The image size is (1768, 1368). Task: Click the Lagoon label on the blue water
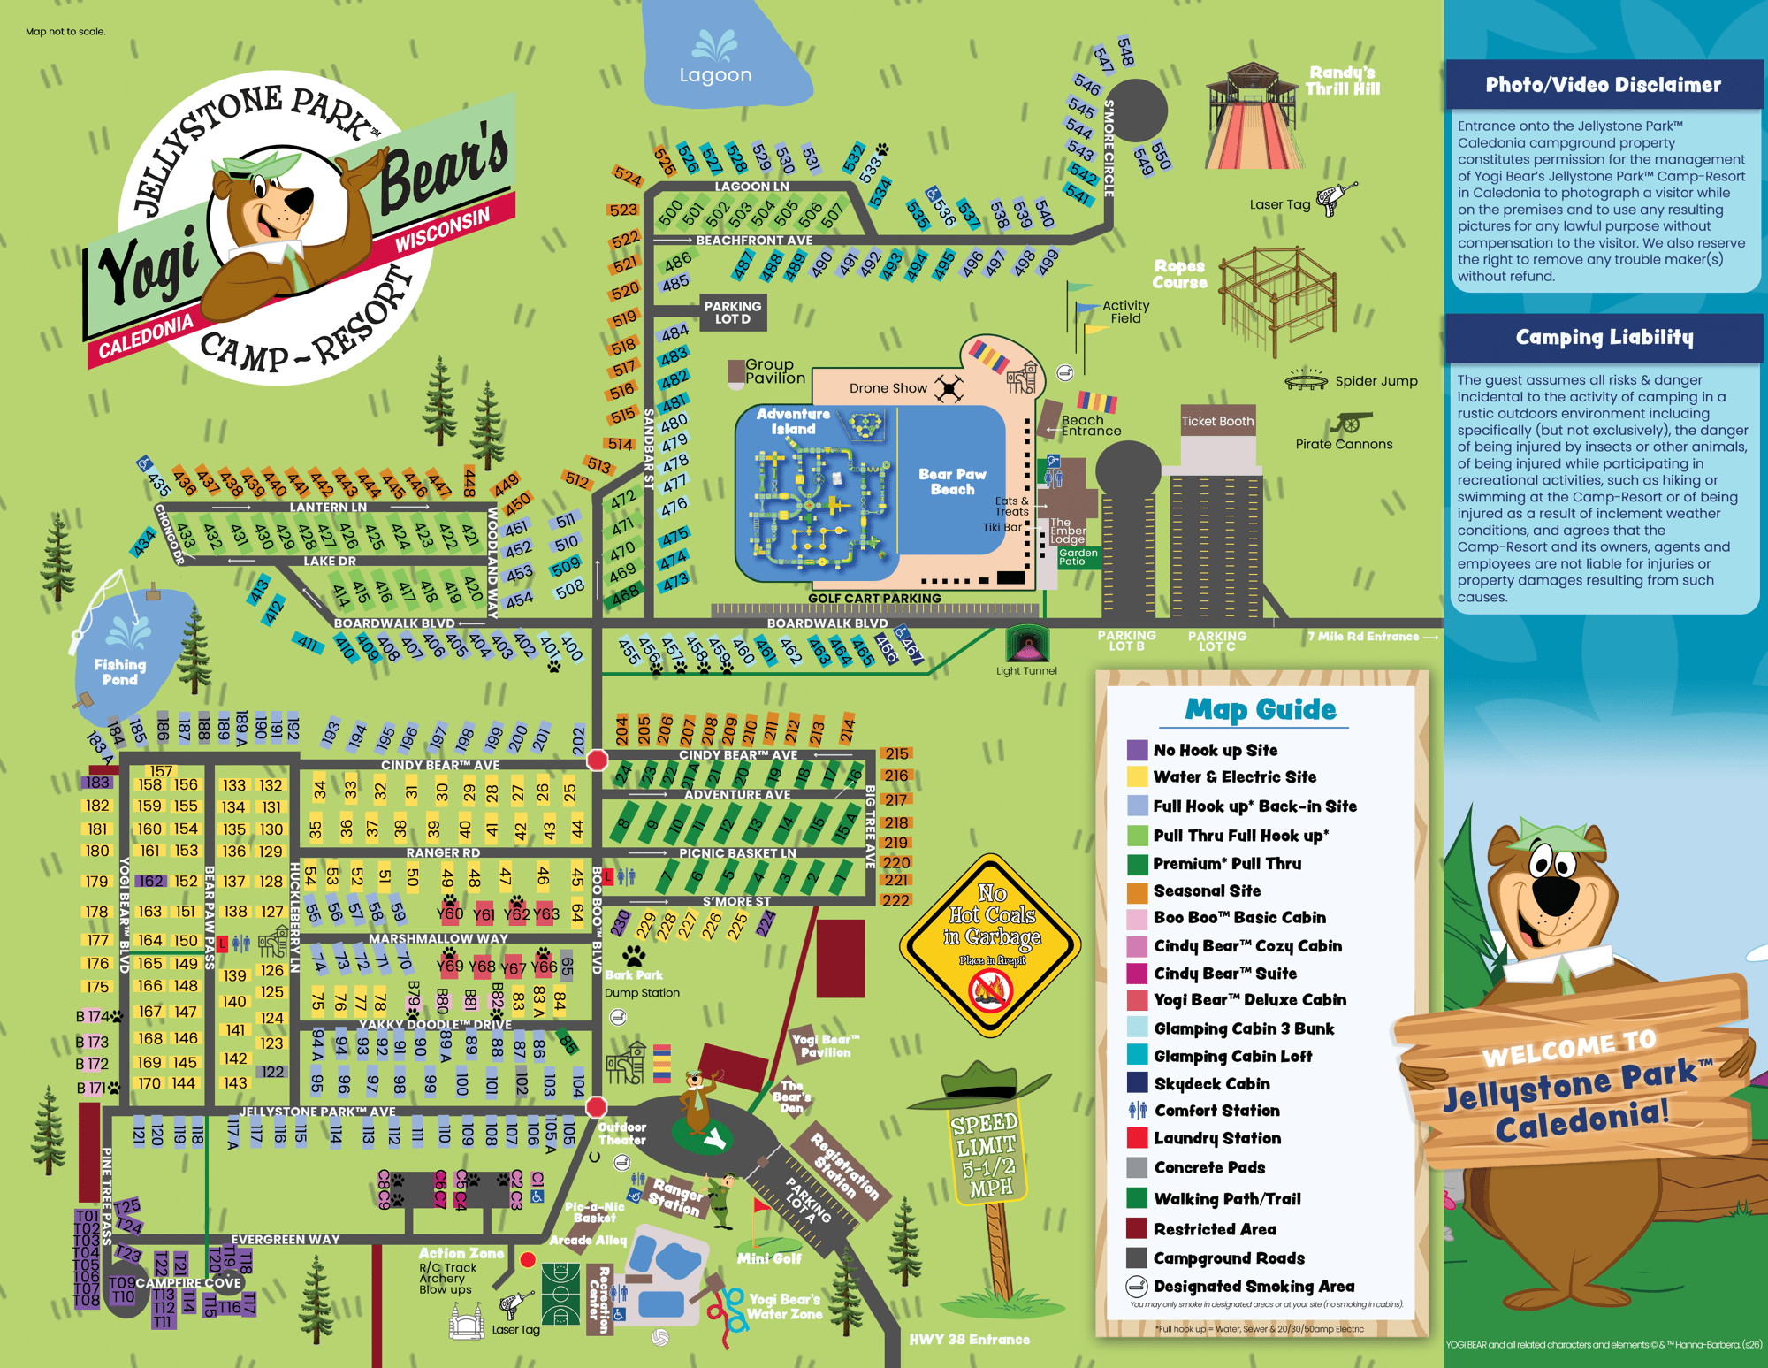pyautogui.click(x=715, y=75)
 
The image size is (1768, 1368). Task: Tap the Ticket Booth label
pyautogui.click(x=1217, y=421)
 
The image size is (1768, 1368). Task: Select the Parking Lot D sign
pyautogui.click(x=732, y=312)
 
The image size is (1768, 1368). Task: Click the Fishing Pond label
pyautogui.click(x=120, y=671)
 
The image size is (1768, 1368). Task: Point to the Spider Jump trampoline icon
pyautogui.click(x=1306, y=380)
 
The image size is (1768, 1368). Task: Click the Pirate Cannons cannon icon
pyautogui.click(x=1352, y=422)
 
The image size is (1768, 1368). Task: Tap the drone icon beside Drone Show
pyautogui.click(x=949, y=388)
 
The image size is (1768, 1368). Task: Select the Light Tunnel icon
pyautogui.click(x=1027, y=644)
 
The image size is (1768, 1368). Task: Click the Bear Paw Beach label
pyautogui.click(x=952, y=481)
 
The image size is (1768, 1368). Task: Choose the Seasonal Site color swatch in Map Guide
pyautogui.click(x=1138, y=891)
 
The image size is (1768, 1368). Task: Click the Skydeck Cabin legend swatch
pyautogui.click(x=1138, y=1083)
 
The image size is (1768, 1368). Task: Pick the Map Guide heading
pyautogui.click(x=1261, y=709)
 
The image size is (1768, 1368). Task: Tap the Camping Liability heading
pyautogui.click(x=1604, y=337)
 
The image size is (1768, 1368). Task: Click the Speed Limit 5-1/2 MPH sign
pyautogui.click(x=986, y=1154)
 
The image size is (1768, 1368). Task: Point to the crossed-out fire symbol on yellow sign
pyautogui.click(x=991, y=990)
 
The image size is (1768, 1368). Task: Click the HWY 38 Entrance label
pyautogui.click(x=969, y=1339)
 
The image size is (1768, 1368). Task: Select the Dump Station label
pyautogui.click(x=642, y=992)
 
